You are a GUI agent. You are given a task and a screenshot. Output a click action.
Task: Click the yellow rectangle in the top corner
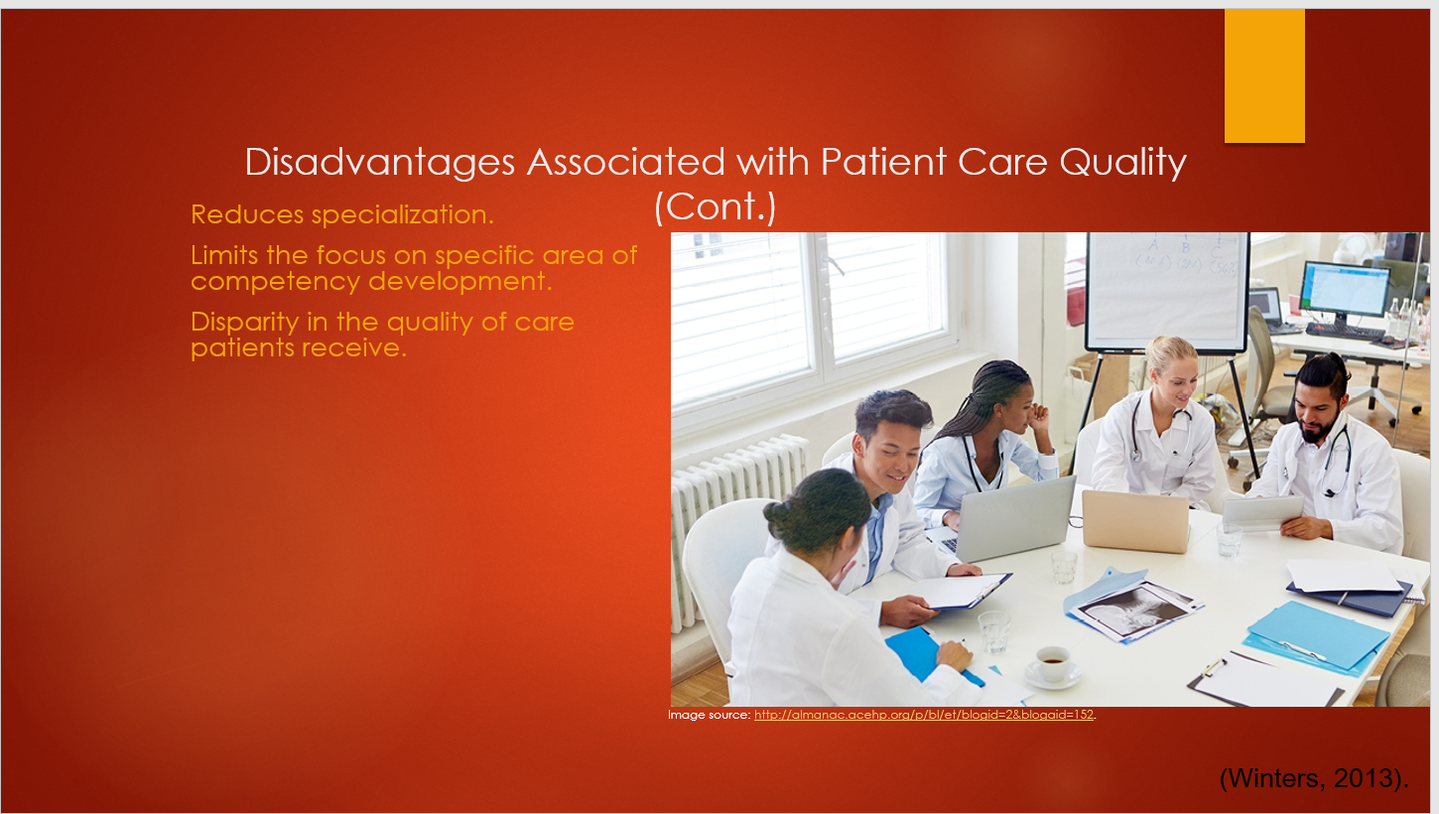[1264, 75]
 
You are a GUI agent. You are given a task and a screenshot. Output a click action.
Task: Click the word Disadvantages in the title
[380, 162]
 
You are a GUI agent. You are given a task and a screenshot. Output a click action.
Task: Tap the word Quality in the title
[1123, 163]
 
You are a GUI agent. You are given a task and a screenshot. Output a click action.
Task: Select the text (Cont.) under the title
[715, 207]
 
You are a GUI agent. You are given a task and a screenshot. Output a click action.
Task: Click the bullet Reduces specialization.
[342, 215]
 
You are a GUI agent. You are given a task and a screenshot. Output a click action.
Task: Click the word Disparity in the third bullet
[245, 323]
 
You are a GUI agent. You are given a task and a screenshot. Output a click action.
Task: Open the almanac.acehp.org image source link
[924, 715]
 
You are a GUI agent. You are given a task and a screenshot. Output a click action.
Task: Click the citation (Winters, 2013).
[1314, 778]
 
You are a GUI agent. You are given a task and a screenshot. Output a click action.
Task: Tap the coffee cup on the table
[1053, 665]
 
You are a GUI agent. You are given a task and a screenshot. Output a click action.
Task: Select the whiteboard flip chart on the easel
[1167, 293]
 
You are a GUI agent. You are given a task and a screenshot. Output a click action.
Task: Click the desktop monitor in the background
[1345, 292]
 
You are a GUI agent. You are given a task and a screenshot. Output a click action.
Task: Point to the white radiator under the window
[732, 515]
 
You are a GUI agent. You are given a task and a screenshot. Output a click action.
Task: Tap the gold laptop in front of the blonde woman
[1136, 520]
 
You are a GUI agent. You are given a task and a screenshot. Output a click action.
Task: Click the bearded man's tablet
[1263, 512]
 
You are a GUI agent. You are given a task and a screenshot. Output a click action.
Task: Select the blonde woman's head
[1172, 368]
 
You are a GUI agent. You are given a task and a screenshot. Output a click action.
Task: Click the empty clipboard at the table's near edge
[1263, 681]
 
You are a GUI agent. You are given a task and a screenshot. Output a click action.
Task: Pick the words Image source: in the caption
[710, 715]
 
